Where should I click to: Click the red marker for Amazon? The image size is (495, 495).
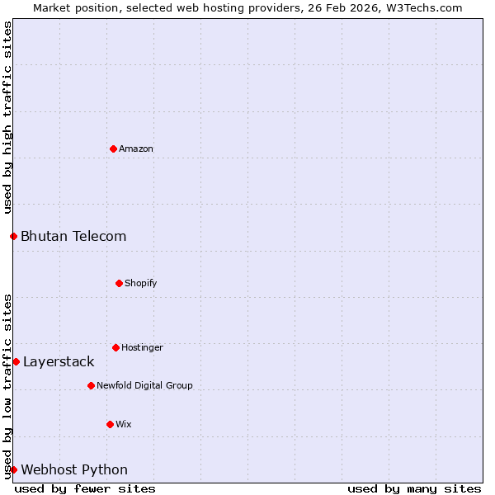click(113, 148)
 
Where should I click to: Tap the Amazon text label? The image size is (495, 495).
click(136, 149)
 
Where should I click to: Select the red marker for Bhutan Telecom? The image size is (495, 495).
click(13, 236)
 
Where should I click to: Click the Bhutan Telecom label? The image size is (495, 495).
click(73, 237)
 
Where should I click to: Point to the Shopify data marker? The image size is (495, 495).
click(119, 283)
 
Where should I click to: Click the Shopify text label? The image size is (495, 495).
click(141, 284)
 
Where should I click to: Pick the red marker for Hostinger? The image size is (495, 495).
click(115, 347)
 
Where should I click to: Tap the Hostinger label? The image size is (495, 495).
click(142, 348)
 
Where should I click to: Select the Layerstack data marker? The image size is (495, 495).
click(16, 361)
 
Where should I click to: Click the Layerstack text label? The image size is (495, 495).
click(59, 362)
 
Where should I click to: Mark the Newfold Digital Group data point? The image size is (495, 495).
click(91, 385)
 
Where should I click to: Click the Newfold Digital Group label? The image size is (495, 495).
click(144, 386)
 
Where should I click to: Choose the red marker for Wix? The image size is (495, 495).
click(110, 424)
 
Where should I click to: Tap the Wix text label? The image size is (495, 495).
click(124, 425)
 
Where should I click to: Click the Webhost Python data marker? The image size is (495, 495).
click(13, 469)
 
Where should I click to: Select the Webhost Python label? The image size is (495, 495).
click(74, 470)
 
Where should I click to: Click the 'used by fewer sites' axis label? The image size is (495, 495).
click(85, 488)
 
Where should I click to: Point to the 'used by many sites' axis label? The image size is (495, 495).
click(414, 488)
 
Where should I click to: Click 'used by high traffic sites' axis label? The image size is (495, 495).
click(7, 118)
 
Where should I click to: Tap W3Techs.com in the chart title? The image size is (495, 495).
click(422, 7)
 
